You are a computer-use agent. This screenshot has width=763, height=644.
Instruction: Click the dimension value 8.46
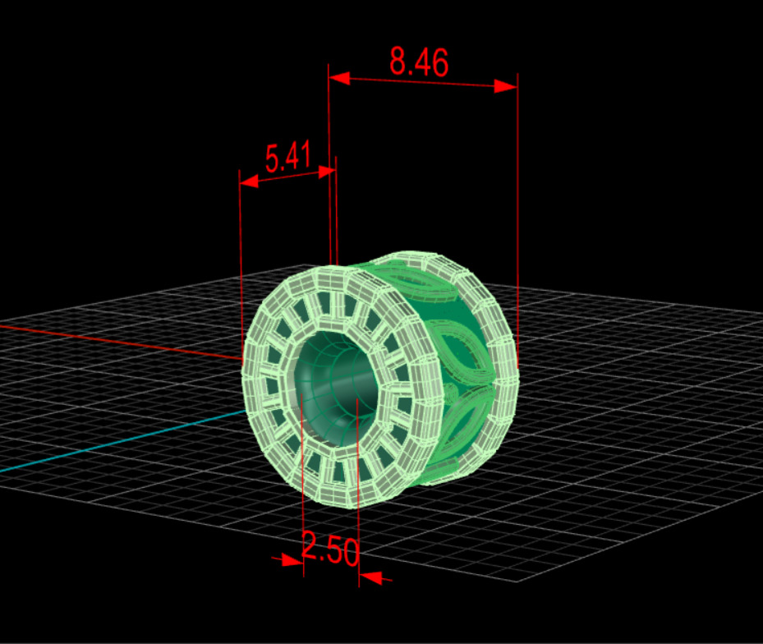pos(419,62)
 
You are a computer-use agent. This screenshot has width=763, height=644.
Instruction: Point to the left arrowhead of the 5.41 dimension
pos(248,181)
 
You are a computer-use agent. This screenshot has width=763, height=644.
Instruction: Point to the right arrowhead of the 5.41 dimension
pos(326,171)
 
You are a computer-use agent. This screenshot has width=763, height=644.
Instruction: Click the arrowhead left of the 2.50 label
pos(292,560)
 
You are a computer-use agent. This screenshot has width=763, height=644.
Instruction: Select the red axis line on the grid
pos(123,341)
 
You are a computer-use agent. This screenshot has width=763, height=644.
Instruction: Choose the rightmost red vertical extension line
pos(518,205)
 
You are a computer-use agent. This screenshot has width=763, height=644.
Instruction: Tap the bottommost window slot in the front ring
pos(335,471)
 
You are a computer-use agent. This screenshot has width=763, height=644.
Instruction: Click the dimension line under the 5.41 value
pos(287,176)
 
